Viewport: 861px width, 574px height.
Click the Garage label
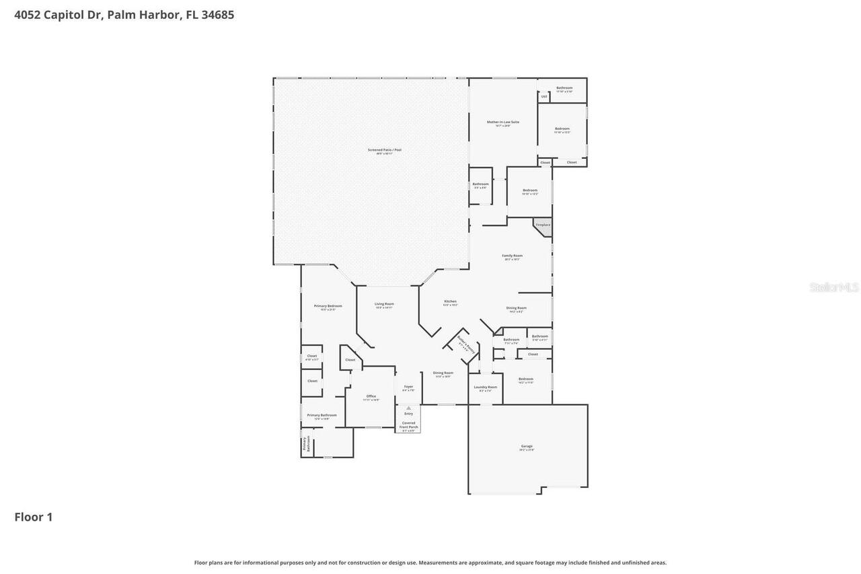527,447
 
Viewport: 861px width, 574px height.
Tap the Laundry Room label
485,388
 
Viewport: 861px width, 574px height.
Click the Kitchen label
450,301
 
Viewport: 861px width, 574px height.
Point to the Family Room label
513,256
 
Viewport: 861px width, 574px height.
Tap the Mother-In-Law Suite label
503,122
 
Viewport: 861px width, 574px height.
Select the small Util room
544,97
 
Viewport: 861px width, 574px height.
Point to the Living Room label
384,304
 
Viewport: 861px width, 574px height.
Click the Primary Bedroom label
328,306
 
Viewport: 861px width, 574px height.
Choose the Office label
371,396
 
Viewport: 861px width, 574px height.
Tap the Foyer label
408,387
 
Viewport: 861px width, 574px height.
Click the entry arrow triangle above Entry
408,408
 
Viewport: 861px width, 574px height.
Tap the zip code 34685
217,15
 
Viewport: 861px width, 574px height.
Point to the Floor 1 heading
34,517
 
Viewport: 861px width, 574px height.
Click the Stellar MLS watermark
834,287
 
